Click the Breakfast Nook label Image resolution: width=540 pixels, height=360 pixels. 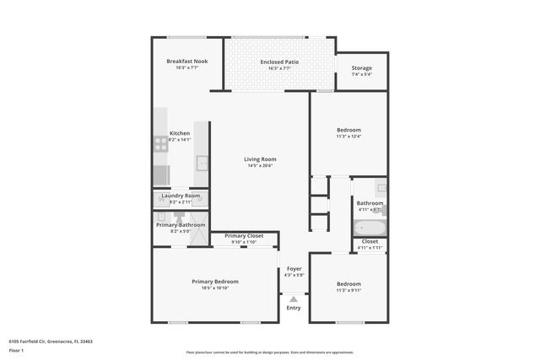click(187, 61)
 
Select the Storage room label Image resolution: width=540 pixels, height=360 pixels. click(361, 68)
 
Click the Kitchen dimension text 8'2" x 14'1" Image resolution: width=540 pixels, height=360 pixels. click(180, 140)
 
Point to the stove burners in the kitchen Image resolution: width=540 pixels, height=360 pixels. click(159, 144)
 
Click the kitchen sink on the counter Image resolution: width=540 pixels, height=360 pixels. click(202, 163)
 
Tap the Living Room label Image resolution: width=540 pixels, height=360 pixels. click(261, 159)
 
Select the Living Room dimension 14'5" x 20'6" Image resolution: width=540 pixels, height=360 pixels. click(261, 166)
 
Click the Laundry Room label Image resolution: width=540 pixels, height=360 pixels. click(181, 196)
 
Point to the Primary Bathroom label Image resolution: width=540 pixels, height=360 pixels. click(181, 224)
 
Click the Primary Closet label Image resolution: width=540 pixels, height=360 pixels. click(244, 236)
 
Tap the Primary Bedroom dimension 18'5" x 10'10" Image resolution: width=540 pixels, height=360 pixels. click(214, 288)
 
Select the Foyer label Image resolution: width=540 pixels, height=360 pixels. click(293, 269)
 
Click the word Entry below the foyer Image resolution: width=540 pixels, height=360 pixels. click(293, 308)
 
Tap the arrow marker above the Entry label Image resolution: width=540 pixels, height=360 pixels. click(293, 298)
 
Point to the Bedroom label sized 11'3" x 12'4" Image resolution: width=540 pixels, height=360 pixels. click(348, 129)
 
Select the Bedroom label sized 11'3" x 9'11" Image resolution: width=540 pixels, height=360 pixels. click(348, 283)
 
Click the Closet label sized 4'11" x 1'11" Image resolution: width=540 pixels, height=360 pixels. click(370, 241)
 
